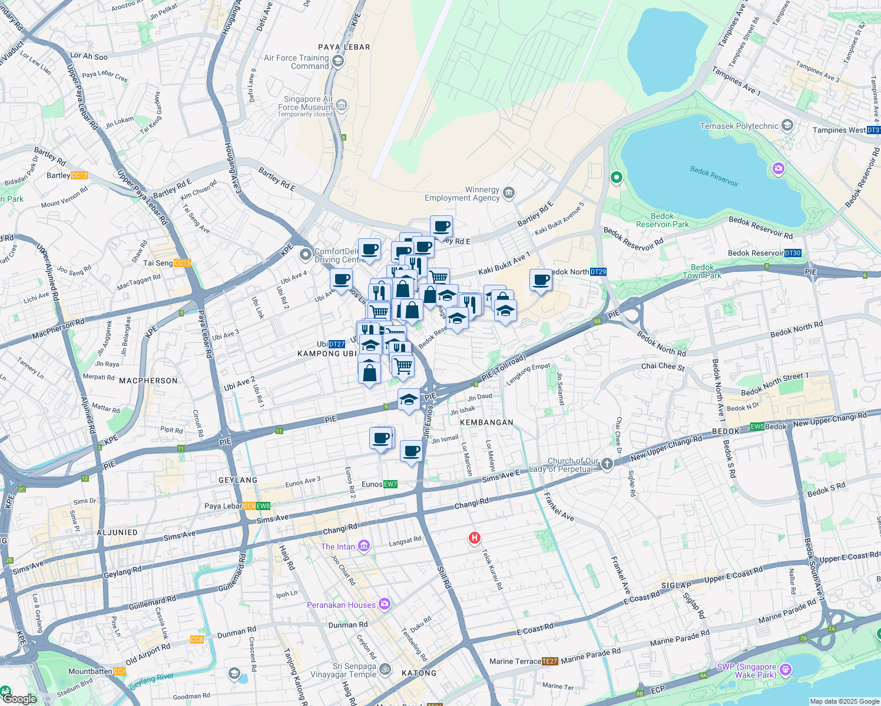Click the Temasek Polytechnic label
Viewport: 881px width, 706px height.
[x=739, y=126]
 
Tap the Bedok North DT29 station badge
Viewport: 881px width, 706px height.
[x=598, y=272]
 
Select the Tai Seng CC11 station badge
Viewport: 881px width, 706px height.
[x=182, y=263]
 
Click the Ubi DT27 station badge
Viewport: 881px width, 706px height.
[x=337, y=344]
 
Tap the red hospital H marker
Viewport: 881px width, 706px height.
[x=474, y=538]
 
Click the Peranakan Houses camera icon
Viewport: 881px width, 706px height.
[x=385, y=604]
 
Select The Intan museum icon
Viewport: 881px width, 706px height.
[x=364, y=547]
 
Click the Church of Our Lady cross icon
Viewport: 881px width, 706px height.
[x=607, y=464]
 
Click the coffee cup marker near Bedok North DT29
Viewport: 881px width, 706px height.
[x=541, y=280]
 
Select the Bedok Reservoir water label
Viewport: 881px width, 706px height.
[x=714, y=176]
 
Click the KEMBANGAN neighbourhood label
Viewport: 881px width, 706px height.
[x=486, y=422]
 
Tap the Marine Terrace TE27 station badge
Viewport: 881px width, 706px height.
[x=549, y=661]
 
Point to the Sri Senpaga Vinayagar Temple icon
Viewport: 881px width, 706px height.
[x=385, y=669]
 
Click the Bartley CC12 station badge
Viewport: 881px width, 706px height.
[x=79, y=175]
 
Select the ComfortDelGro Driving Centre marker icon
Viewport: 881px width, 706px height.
[x=305, y=255]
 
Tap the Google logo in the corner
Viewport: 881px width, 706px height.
[x=20, y=699]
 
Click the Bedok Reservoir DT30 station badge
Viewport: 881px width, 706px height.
[x=793, y=253]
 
